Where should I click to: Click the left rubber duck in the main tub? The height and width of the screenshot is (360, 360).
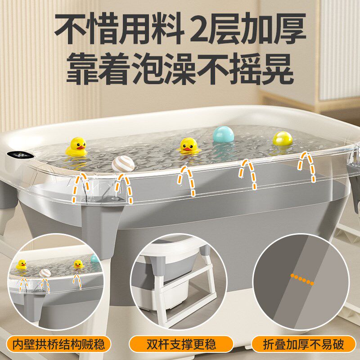[76, 147]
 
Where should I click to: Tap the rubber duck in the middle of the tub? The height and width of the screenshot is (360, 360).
[189, 145]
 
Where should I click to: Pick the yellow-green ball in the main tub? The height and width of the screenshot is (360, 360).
[282, 139]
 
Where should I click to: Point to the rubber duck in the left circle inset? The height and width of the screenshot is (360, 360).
[21, 265]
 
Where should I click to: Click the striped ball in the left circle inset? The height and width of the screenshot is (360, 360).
[45, 273]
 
